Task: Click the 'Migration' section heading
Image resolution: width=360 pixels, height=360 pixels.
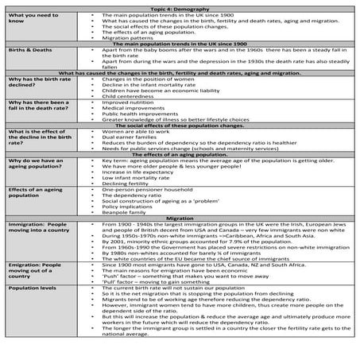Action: (180, 217)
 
